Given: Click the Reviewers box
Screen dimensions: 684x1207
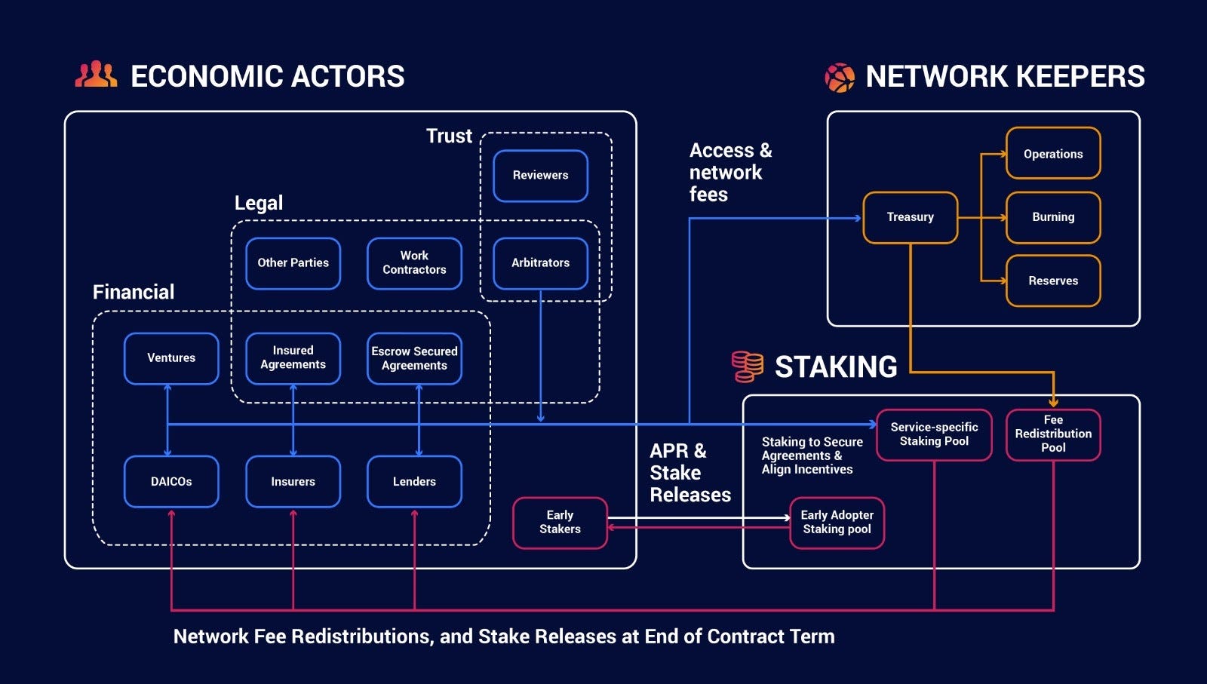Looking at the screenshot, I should pos(540,176).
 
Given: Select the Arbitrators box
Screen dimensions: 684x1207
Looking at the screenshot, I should pos(540,263).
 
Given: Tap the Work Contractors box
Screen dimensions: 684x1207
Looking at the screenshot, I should pos(414,263).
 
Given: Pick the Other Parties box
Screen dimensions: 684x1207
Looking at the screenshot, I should pos(293,263).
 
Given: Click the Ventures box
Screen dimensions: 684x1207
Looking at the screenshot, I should pos(171,358).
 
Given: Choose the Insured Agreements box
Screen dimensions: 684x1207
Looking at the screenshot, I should pos(293,358).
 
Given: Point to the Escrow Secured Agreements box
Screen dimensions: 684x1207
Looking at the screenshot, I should pos(414,358).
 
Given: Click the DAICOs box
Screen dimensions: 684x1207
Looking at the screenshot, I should pos(171,481).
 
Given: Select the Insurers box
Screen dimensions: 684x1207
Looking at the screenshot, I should pos(293,481).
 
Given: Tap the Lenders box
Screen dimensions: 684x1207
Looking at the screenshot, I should pos(414,481).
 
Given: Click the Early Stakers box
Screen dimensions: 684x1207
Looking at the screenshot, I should pos(560,522).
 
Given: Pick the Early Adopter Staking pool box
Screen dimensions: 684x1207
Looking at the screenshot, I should pos(837,522).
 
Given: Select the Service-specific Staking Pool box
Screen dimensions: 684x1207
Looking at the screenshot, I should pos(934,434).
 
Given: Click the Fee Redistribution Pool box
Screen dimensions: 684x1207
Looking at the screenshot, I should pos(1053,434).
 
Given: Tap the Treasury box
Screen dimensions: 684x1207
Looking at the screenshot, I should pos(910,217).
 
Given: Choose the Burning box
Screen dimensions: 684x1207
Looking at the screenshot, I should pos(1053,217).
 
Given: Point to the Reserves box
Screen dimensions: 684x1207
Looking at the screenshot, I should pos(1053,281).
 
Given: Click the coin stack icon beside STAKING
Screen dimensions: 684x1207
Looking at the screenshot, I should pos(747,367).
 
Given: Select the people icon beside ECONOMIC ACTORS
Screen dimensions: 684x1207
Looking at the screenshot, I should pos(96,75).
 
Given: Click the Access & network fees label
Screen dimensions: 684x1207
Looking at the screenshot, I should pos(729,173).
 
